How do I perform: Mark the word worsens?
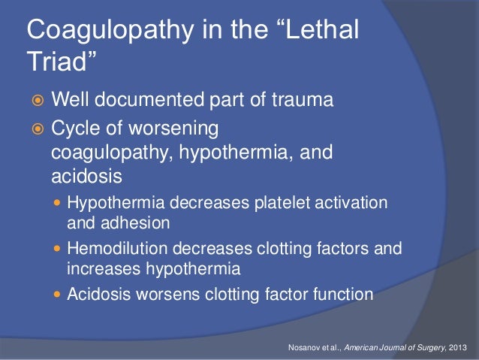coord(160,293)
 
